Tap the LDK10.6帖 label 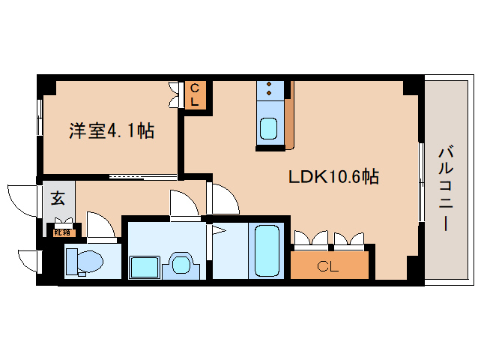click(333, 178)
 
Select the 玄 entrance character click(58, 199)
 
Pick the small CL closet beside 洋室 click(193, 95)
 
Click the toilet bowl click(89, 262)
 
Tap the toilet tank click(72, 260)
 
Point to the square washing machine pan click(144, 266)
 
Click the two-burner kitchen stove click(268, 91)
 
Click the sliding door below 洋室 click(142, 177)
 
